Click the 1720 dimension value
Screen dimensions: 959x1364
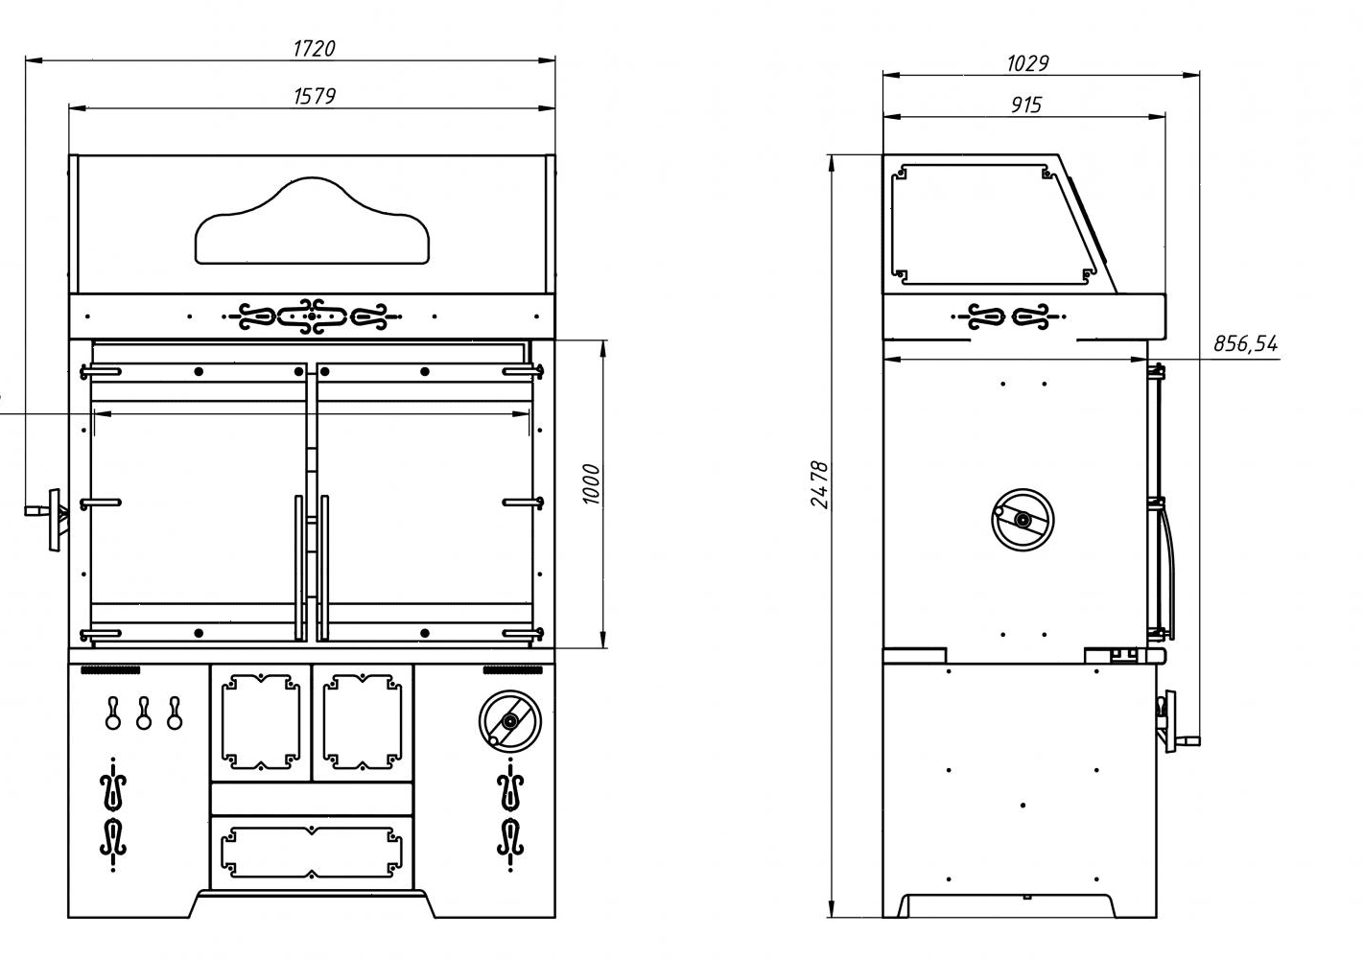(314, 48)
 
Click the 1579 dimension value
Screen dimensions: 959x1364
(314, 96)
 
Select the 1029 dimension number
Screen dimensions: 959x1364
(1027, 63)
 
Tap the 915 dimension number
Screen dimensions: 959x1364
(1025, 105)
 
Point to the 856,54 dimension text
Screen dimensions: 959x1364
(1245, 343)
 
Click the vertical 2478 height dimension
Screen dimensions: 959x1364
(818, 484)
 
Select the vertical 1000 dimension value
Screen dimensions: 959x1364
(590, 484)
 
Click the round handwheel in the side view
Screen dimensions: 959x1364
(1022, 519)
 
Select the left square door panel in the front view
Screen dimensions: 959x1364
(259, 722)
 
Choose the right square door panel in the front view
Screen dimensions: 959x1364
(362, 722)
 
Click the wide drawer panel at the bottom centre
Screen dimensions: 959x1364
(311, 852)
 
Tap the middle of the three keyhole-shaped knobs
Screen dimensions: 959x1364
(143, 713)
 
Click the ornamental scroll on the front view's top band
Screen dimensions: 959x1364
(311, 316)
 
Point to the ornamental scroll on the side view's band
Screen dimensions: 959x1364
(1008, 315)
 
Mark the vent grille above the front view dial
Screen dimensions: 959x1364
(508, 669)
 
